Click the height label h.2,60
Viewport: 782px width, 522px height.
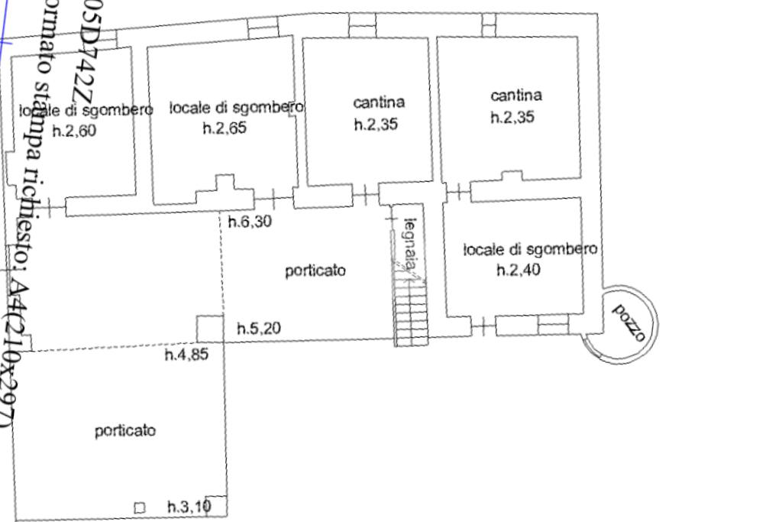pos(74,131)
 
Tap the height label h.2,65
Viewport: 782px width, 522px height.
pos(225,128)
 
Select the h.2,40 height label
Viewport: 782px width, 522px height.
pos(519,270)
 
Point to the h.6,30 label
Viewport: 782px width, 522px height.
pos(250,222)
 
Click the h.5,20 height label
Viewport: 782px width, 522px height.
pos(258,329)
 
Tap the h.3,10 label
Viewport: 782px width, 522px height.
pos(189,506)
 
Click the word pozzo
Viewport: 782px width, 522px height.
pos(632,323)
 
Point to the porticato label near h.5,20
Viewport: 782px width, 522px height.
pos(315,270)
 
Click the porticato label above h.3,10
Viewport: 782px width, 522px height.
pos(125,430)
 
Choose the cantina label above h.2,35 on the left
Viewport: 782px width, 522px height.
pos(380,102)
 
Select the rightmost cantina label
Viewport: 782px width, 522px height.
pos(516,96)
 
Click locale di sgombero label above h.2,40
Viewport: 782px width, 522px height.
pos(530,249)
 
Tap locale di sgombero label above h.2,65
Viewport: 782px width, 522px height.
pos(237,107)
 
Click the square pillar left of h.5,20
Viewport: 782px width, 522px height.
pos(209,329)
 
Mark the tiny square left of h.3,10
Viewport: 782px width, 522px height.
pos(139,507)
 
